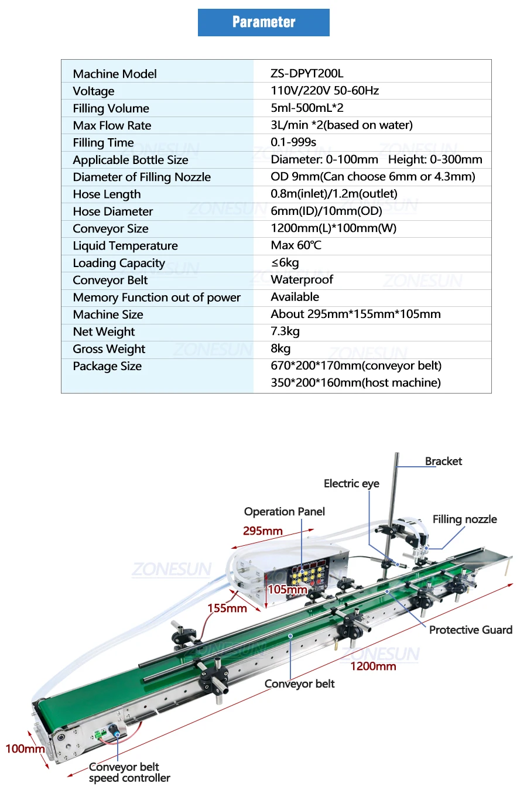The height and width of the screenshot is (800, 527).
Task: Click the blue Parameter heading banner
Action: point(263,22)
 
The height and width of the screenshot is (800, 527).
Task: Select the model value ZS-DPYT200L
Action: point(307,73)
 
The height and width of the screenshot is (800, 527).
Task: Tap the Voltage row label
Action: point(94,91)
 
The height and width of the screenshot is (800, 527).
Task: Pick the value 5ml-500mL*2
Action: point(307,108)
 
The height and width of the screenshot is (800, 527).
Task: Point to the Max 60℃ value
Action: point(296,245)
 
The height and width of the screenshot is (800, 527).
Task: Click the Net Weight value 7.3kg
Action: point(285,331)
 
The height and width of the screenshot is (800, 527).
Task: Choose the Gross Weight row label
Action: point(109,349)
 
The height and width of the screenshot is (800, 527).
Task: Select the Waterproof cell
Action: point(302,280)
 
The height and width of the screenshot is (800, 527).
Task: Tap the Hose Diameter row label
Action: point(113,211)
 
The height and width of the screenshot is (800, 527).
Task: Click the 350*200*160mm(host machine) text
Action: point(355,383)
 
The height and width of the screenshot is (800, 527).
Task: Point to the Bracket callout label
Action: point(443,461)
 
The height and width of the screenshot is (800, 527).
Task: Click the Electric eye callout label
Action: point(351,484)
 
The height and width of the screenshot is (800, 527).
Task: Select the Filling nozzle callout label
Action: point(464,519)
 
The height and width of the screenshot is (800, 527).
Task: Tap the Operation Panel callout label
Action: point(284,512)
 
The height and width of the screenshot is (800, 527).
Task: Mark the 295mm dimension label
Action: point(263,531)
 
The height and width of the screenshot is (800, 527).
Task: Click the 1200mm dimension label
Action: point(373,666)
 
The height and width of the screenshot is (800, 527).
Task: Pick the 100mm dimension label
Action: point(25,749)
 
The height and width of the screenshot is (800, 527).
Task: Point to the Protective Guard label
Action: point(470,630)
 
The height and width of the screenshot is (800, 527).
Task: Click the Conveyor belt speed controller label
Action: point(129,772)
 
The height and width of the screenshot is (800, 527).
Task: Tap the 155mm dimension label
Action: point(227,608)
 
